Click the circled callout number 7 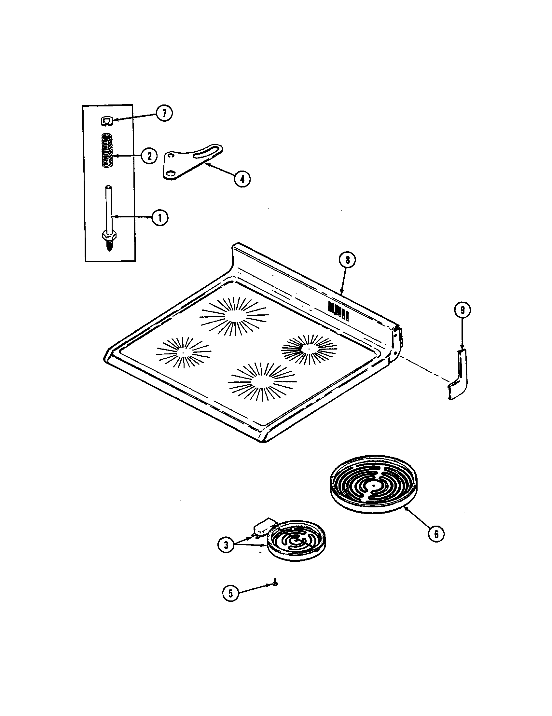click(x=164, y=114)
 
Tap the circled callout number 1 click(x=159, y=217)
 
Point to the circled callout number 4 click(x=242, y=179)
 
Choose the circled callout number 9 click(x=462, y=310)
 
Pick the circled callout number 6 click(x=436, y=534)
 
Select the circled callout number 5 click(x=231, y=593)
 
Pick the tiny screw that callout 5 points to click(x=275, y=583)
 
